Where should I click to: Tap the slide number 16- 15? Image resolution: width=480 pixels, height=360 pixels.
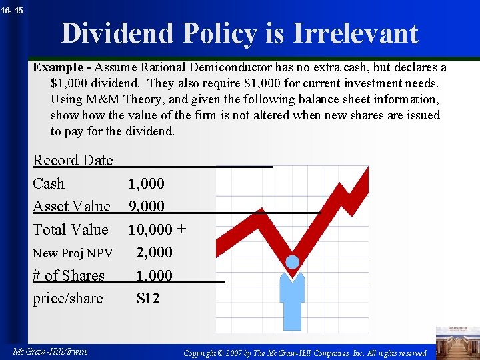11,10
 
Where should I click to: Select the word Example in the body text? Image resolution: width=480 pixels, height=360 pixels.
57,67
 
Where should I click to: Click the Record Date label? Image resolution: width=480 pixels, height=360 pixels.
73,160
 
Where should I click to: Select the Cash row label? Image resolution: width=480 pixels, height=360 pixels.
49,183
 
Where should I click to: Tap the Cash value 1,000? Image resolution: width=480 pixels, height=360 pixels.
146,183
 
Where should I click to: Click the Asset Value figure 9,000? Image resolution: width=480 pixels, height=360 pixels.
146,207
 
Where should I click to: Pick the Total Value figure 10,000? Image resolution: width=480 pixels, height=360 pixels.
150,229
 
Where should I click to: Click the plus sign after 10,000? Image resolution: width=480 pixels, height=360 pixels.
181,229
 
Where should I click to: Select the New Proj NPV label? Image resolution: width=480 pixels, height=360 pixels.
73,253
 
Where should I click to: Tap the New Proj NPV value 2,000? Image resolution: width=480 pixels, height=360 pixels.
154,252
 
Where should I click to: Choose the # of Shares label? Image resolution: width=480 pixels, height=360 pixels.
69,275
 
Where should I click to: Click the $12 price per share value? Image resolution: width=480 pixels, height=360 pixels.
148,298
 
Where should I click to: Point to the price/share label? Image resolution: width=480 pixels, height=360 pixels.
68,298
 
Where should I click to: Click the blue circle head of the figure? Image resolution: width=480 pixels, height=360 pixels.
293,262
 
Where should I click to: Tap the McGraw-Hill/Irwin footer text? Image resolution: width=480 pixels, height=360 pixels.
49,351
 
